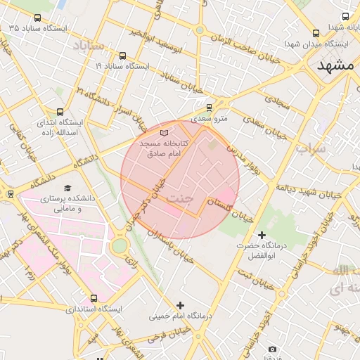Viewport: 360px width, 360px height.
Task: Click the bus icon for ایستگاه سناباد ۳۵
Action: [37, 17]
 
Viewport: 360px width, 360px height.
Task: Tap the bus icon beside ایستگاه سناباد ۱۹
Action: [123, 56]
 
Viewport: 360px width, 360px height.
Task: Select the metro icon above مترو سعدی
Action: [209, 108]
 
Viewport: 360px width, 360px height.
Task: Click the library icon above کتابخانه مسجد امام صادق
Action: [165, 132]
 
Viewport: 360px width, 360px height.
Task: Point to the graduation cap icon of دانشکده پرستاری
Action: [67, 188]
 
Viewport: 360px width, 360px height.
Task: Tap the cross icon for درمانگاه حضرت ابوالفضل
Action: [262, 234]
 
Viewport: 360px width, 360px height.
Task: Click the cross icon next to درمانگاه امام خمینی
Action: [181, 305]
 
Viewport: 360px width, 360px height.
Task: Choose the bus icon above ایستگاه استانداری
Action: [94, 298]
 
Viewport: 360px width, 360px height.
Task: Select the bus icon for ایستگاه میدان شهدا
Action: [316, 32]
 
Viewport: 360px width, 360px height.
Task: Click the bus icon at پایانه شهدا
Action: [345, 16]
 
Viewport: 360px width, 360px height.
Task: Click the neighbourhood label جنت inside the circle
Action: [180, 198]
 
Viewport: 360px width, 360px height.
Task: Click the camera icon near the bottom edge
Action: [272, 349]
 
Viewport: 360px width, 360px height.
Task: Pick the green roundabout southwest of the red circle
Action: [119, 245]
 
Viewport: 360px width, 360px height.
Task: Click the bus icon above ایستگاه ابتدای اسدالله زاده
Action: [59, 111]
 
